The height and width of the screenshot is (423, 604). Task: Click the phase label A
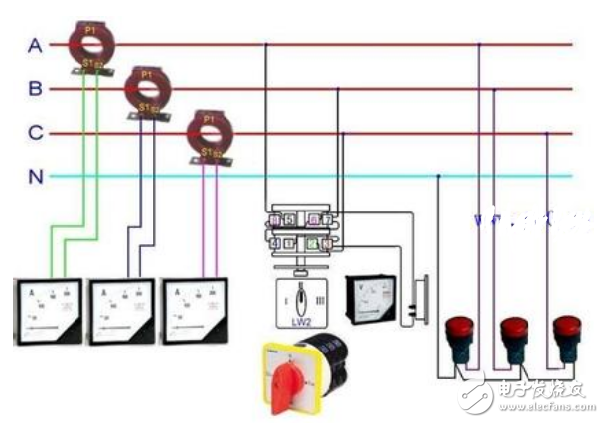(x=35, y=46)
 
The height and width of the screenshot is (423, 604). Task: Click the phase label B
(x=35, y=90)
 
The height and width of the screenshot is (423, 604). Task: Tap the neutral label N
(x=35, y=177)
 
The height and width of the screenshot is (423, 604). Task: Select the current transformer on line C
(x=208, y=131)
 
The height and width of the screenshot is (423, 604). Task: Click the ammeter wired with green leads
(x=48, y=311)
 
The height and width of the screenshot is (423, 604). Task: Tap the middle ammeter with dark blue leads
(x=122, y=311)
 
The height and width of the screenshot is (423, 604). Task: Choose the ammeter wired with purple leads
(x=196, y=310)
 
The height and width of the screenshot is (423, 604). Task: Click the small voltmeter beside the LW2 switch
(x=369, y=298)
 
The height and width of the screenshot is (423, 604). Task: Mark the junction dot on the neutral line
(x=438, y=177)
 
